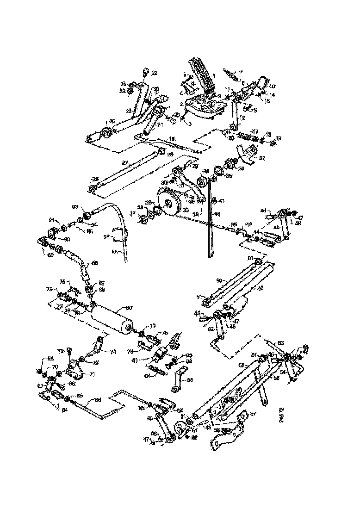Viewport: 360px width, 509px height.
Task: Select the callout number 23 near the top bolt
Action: (155, 73)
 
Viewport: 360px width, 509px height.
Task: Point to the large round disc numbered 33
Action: (169, 202)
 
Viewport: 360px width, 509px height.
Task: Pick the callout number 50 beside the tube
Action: (219, 280)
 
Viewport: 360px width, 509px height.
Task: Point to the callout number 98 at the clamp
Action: (106, 237)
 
